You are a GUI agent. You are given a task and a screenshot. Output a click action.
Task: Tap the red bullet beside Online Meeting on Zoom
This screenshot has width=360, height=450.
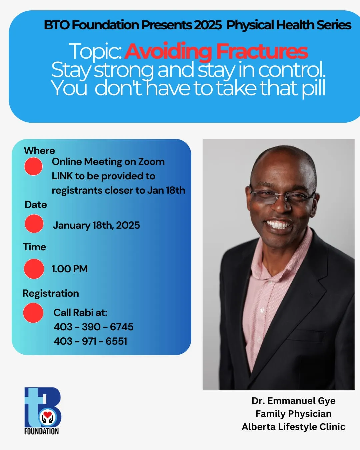(x=33, y=166)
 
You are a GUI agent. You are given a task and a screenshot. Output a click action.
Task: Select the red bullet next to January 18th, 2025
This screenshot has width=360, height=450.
(x=34, y=224)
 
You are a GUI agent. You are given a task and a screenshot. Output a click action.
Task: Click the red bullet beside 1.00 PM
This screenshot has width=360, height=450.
(x=34, y=269)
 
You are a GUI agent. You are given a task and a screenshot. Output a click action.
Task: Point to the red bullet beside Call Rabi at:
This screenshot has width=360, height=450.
(x=33, y=313)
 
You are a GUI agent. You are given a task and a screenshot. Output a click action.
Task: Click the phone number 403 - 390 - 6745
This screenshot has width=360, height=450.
(x=94, y=327)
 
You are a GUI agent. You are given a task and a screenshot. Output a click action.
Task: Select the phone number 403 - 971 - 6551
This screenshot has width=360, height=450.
(x=90, y=341)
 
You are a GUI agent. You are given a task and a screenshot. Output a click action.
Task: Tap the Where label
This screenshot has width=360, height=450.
(x=40, y=151)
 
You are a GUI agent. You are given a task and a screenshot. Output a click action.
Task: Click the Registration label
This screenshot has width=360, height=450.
(x=51, y=294)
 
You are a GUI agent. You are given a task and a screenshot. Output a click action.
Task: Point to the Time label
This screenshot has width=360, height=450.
(x=35, y=247)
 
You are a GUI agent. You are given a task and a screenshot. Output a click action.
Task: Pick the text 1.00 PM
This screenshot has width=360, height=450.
(x=70, y=269)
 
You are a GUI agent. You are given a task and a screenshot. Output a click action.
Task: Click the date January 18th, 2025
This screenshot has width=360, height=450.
(x=96, y=225)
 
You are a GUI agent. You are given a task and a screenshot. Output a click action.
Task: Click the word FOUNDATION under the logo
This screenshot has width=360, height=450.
(x=41, y=431)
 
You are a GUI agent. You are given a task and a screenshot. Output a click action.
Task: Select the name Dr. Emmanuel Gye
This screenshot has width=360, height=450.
(x=293, y=401)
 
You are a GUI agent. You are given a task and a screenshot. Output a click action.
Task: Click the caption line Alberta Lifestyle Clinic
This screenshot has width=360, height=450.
(x=293, y=427)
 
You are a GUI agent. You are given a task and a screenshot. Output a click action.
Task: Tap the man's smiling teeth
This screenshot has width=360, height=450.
(x=278, y=225)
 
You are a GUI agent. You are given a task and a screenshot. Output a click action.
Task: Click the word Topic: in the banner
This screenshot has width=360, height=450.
(x=95, y=51)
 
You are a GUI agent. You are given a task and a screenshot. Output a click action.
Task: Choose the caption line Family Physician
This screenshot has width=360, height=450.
(x=293, y=414)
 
